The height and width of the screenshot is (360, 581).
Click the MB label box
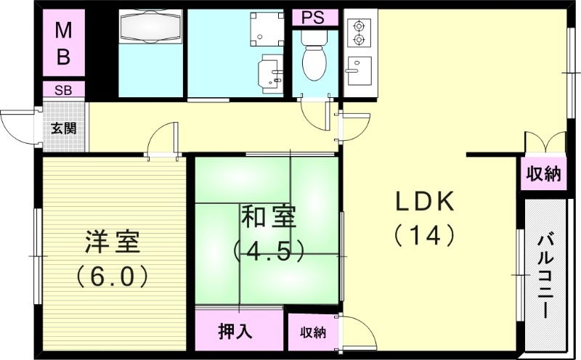point(63,45)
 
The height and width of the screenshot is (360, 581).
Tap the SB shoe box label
point(63,90)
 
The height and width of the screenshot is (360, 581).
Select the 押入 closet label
point(236,332)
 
